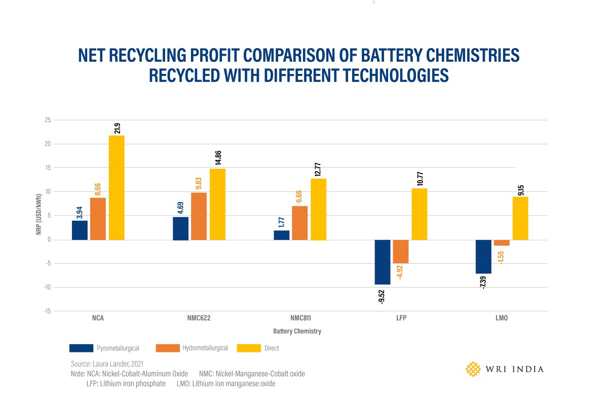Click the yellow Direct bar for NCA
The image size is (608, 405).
[117, 187]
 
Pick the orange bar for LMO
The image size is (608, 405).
[502, 242]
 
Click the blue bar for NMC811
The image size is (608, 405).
[282, 235]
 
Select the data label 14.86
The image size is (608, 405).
[218, 158]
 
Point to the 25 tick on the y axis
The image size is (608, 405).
[48, 120]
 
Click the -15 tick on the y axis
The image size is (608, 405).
[47, 311]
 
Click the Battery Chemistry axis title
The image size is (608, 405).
[297, 332]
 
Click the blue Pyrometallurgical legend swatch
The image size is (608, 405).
[81, 348]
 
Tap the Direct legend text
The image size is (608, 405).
[272, 348]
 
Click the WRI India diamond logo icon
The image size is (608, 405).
[473, 369]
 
